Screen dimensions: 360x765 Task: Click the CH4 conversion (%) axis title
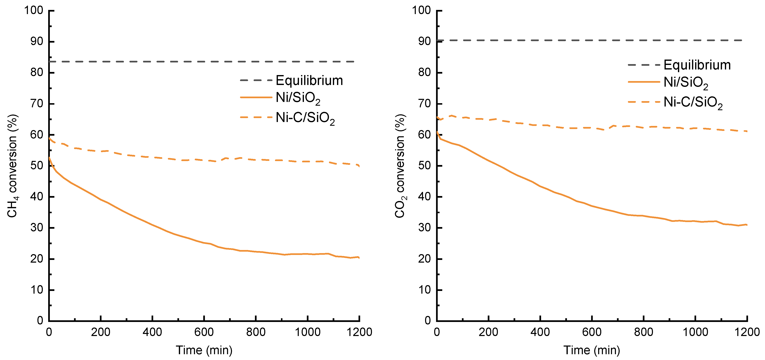[12, 166]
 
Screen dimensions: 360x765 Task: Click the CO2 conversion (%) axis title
[400, 166]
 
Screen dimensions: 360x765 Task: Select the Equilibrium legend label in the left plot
[309, 80]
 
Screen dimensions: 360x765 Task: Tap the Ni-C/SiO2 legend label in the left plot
[305, 118]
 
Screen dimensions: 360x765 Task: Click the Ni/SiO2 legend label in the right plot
[685, 83]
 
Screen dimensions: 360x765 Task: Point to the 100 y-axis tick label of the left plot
[33, 10]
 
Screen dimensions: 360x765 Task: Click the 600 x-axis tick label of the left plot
[204, 332]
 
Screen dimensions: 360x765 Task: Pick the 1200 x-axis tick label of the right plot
[747, 332]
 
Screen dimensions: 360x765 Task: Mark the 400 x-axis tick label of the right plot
[540, 332]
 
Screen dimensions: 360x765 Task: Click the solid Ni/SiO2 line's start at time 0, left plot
[49, 158]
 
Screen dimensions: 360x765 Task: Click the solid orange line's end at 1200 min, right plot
[747, 225]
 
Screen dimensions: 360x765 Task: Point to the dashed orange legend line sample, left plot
[256, 117]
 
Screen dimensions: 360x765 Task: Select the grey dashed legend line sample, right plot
[644, 65]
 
